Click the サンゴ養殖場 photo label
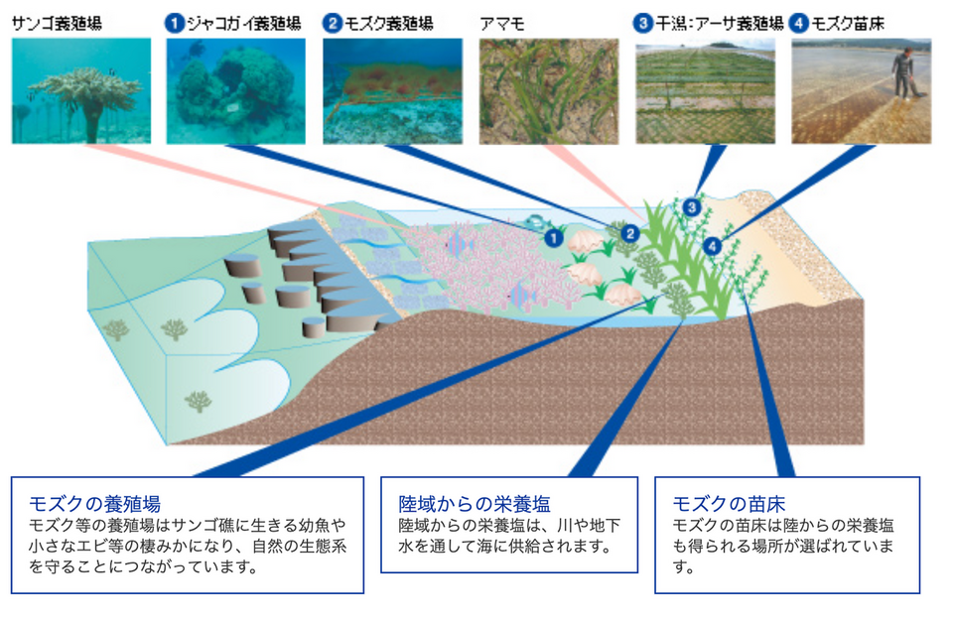pos(57,24)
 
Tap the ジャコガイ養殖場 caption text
pos(244,24)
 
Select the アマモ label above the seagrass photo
pos(502,24)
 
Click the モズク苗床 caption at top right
pos(848,24)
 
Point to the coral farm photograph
pos(81,90)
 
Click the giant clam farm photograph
pos(236,90)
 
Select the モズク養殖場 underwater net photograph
pos(393,90)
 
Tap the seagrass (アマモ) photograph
pos(549,90)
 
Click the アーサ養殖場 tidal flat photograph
pos(705,90)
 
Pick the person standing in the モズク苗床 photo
pos(905,73)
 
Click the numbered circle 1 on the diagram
pos(554,237)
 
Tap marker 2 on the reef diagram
pos(630,233)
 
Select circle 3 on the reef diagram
pos(692,207)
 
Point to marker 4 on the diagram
pos(713,246)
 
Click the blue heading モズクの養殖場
pos(95,504)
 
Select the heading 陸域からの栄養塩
pos(475,504)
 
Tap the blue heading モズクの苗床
pos(729,504)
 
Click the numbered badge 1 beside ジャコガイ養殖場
pos(175,24)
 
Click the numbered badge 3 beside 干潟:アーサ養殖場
pos(642,24)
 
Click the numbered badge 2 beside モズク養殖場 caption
pos(333,24)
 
